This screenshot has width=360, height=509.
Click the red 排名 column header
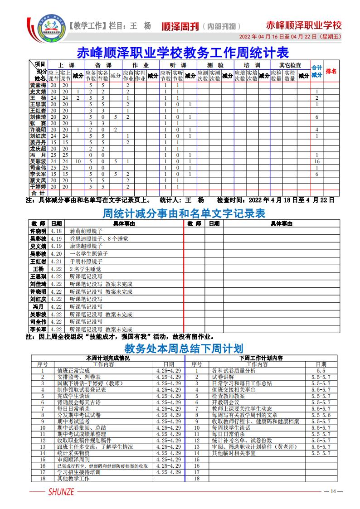[331, 72]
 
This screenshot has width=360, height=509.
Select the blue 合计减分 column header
[317, 72]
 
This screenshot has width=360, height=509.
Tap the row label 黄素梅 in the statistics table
[38, 85]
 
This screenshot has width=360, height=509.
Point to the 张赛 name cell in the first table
[38, 123]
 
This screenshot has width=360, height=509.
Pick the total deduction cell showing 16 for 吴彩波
[317, 161]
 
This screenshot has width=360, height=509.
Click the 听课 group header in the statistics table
[177, 65]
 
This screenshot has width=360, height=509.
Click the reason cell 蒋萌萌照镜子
[86, 231]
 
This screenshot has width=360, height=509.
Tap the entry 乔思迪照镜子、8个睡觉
[99, 238]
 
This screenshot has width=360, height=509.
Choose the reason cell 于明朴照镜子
[86, 262]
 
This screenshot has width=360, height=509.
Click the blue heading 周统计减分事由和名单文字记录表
[184, 213]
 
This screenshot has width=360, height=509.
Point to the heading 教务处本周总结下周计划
[184, 348]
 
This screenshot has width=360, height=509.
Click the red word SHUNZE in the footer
[60, 492]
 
